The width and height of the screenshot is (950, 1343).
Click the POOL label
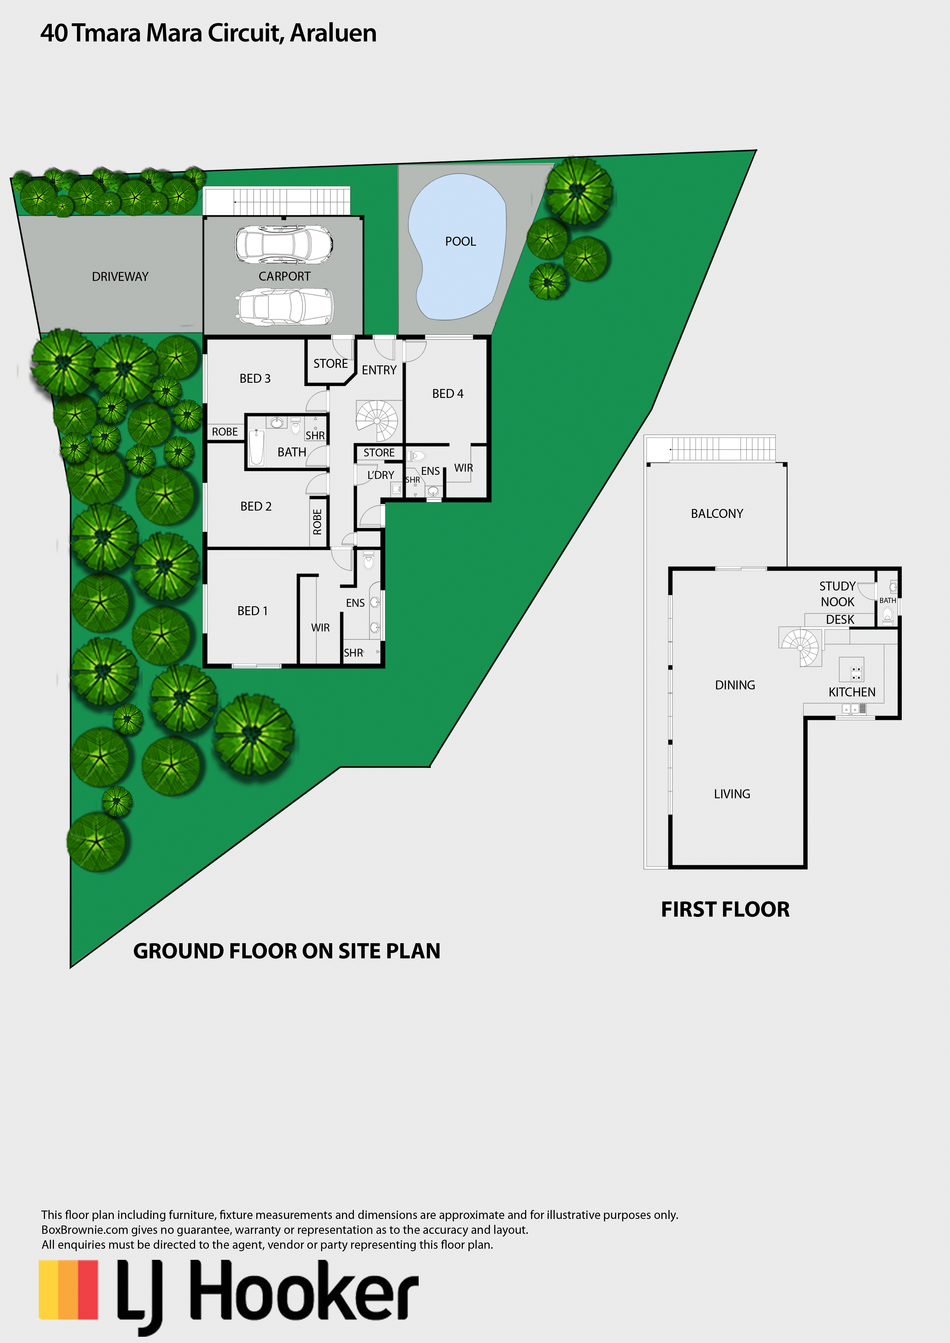click(460, 242)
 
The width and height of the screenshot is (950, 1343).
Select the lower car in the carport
click(285, 307)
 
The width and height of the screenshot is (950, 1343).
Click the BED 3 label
click(255, 378)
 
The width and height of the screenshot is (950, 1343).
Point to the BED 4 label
click(448, 394)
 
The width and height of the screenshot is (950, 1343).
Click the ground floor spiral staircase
click(377, 421)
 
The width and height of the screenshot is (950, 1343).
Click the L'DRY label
click(381, 475)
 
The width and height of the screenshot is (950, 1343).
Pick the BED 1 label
click(253, 611)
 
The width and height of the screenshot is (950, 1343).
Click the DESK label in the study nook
click(840, 619)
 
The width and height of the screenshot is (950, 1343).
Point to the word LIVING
click(732, 794)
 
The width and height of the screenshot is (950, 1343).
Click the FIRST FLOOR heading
click(725, 910)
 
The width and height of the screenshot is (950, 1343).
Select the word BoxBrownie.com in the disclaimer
click(84, 1230)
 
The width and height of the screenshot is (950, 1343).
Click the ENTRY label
click(379, 370)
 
